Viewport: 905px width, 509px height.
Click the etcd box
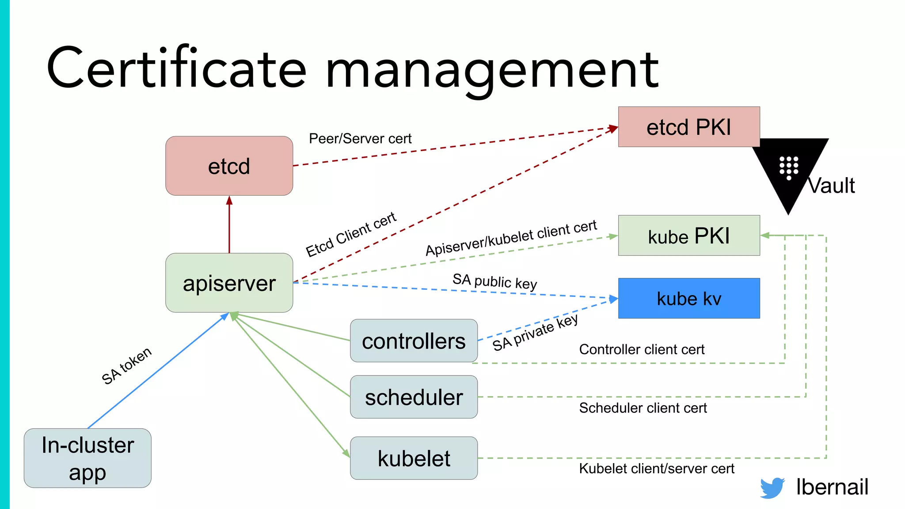[x=229, y=166]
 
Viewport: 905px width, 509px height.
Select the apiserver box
[x=229, y=283]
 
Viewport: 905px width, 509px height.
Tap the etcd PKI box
[x=688, y=127]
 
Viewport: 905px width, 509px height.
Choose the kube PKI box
[x=688, y=236]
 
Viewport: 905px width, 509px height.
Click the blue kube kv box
[x=688, y=298]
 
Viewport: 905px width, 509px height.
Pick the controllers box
[x=414, y=341]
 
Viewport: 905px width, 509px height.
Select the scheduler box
[x=414, y=397]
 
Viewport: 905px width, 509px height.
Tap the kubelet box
[x=414, y=458]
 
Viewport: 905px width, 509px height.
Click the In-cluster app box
[x=87, y=458]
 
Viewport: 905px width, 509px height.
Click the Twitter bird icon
[x=772, y=488]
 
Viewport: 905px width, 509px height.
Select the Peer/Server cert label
[x=360, y=139]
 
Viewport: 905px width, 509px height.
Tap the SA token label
[x=126, y=366]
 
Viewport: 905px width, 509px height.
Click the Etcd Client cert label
[x=351, y=234]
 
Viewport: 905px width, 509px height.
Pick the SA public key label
[x=494, y=281]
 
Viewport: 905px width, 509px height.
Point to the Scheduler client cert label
[x=643, y=408]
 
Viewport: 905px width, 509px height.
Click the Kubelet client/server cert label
[x=657, y=468]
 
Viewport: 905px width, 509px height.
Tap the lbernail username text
[x=832, y=487]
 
